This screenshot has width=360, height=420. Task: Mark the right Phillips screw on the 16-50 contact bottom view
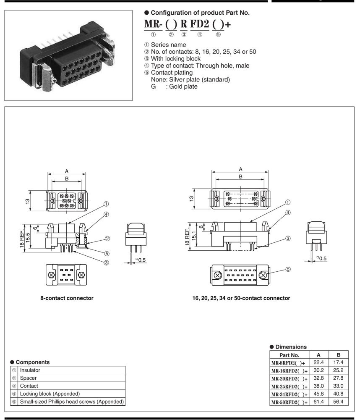[x=263, y=276]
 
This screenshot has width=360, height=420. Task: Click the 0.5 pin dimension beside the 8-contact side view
[x=141, y=260]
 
